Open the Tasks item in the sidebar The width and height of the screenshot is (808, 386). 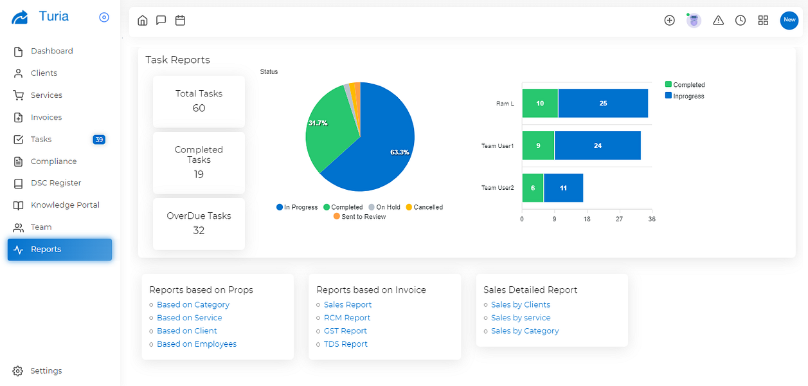[40, 140]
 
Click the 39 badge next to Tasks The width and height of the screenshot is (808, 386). [99, 140]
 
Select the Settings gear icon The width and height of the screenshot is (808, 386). [17, 371]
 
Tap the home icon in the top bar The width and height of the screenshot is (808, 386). [143, 21]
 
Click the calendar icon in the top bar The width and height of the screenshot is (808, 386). [180, 21]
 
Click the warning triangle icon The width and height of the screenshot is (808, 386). [718, 21]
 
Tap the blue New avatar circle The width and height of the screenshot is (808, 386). [789, 21]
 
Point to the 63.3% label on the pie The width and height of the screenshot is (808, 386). [400, 152]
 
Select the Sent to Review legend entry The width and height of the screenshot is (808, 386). [359, 217]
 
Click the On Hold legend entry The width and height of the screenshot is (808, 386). [384, 207]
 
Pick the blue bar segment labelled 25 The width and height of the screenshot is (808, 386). [603, 104]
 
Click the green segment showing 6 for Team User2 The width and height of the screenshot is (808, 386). [533, 188]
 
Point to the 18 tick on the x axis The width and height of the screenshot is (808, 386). [587, 219]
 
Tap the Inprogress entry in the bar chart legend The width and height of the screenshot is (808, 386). [685, 96]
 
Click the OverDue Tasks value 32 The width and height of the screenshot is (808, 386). [199, 230]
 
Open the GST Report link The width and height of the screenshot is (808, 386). [345, 331]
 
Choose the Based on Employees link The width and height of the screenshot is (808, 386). [197, 344]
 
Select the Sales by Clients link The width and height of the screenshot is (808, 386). [521, 305]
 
